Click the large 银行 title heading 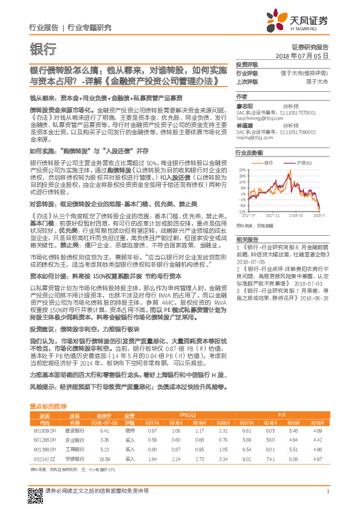click(x=43, y=50)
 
